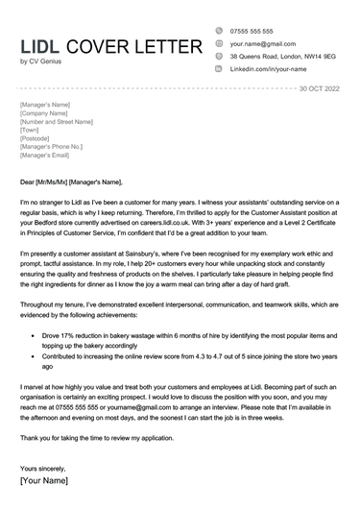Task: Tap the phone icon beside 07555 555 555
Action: pyautogui.click(x=220, y=31)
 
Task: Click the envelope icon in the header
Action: pyautogui.click(x=220, y=44)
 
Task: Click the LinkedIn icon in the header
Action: pyautogui.click(x=220, y=71)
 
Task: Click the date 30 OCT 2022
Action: pyautogui.click(x=319, y=88)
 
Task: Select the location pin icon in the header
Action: pyautogui.click(x=220, y=58)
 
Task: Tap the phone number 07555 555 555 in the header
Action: pyautogui.click(x=252, y=31)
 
